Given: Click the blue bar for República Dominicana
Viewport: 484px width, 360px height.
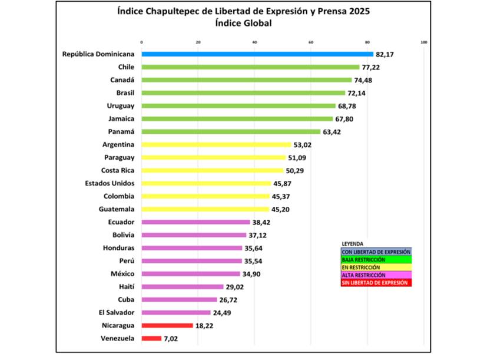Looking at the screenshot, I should [257, 54].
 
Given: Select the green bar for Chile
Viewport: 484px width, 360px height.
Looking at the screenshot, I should [250, 67].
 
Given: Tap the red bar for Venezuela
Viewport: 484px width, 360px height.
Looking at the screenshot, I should [151, 338].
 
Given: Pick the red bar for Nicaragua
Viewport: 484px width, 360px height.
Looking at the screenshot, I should [167, 325].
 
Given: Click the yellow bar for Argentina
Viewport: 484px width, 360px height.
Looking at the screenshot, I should [216, 144].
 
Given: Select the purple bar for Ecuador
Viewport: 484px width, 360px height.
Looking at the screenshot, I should [195, 222].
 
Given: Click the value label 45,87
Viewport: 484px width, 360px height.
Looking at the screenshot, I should [283, 183].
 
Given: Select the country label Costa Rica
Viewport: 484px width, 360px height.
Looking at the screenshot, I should [116, 170].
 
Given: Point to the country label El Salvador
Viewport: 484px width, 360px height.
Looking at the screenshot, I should [115, 312].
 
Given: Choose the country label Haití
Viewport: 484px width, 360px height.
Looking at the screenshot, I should [125, 286].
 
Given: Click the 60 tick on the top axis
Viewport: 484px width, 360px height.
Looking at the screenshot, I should [311, 42].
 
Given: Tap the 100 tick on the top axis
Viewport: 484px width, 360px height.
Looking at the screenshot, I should [423, 42].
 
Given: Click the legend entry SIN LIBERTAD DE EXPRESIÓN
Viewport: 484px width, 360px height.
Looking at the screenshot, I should [374, 283].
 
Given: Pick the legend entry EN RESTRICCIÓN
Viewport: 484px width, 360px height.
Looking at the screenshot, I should [360, 267].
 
